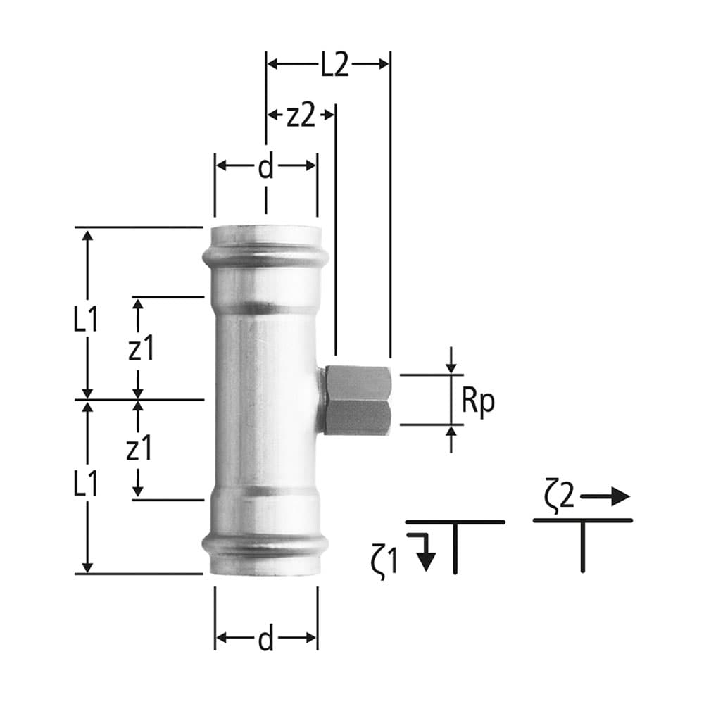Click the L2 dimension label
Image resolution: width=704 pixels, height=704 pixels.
335,65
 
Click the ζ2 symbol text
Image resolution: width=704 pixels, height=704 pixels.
560,496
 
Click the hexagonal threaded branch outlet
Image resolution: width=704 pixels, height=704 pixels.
357,399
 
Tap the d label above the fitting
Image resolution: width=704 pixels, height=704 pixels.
265,167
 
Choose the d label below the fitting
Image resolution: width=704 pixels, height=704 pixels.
265,639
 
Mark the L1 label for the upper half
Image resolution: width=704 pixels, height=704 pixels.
85,320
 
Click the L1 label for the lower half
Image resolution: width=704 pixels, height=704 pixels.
85,484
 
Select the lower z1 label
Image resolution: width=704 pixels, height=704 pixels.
139,448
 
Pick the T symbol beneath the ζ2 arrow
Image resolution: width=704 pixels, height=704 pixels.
583,542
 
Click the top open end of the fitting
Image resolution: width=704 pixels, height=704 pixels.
265,231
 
